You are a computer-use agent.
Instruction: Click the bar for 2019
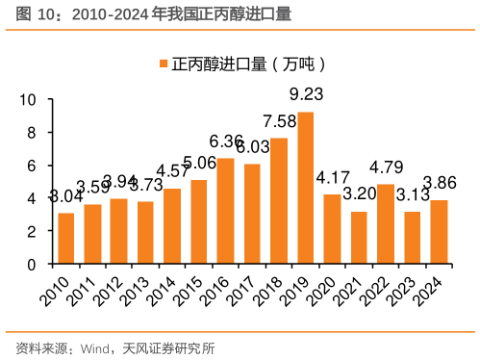[x=306, y=188]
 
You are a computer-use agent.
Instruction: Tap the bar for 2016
[x=226, y=211]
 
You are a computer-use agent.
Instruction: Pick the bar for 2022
[x=386, y=223]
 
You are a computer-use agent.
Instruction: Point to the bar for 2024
[x=439, y=231]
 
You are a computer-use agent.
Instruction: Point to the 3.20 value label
[x=360, y=193]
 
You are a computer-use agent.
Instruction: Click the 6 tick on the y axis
[x=32, y=166]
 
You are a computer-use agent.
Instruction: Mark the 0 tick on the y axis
[x=32, y=264]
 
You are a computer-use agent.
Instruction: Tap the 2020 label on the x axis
[x=326, y=286]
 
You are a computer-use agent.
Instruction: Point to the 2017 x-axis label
[x=246, y=286]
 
